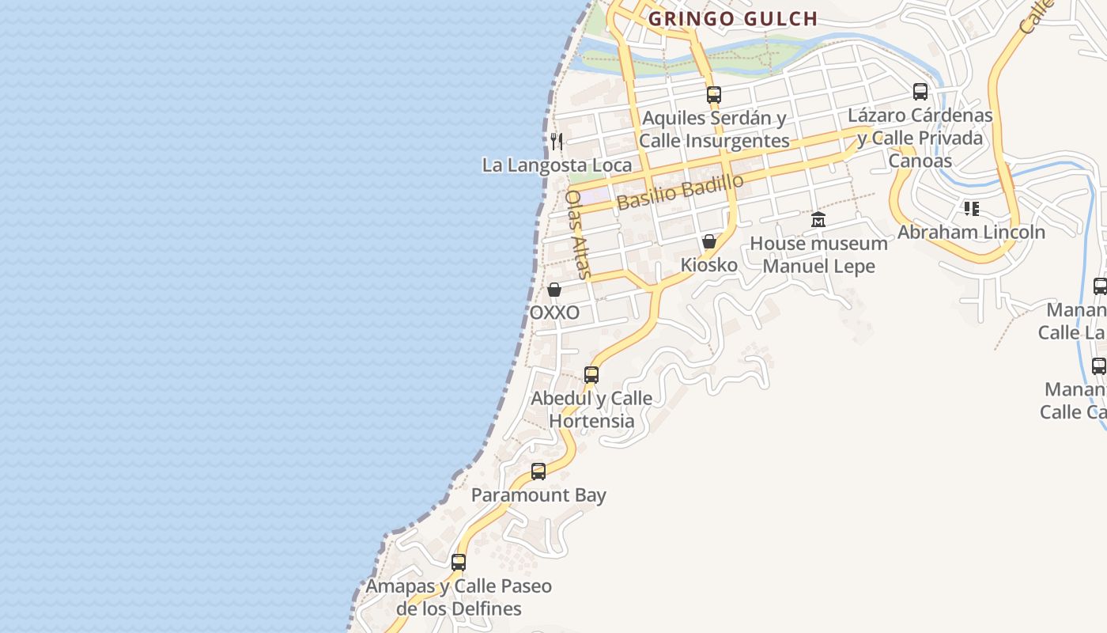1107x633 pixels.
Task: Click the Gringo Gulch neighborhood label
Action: tap(733, 19)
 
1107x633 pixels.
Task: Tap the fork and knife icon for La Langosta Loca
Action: tap(557, 142)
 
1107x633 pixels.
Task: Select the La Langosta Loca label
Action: tap(557, 165)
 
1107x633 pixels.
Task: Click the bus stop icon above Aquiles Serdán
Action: tap(714, 95)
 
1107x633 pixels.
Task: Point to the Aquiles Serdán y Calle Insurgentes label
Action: tap(714, 130)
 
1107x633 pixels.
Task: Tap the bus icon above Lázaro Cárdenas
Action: tap(920, 92)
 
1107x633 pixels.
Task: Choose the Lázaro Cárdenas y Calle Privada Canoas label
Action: tap(920, 138)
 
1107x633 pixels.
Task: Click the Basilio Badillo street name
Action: tap(680, 192)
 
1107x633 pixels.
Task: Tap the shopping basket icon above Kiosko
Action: tap(709, 241)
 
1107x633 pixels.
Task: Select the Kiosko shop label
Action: tap(709, 265)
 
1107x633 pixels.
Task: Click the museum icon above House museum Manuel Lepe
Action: tap(818, 219)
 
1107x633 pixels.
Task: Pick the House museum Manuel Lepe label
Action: tap(818, 254)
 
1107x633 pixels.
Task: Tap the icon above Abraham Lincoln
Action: tap(971, 209)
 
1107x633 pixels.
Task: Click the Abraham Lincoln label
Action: tap(971, 232)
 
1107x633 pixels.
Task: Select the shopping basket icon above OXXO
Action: tap(554, 290)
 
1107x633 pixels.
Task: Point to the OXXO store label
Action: tap(554, 313)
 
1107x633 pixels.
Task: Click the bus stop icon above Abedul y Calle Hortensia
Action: tap(591, 375)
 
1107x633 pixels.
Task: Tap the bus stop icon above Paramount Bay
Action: tap(538, 472)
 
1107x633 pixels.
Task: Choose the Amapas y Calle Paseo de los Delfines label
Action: tap(459, 597)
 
